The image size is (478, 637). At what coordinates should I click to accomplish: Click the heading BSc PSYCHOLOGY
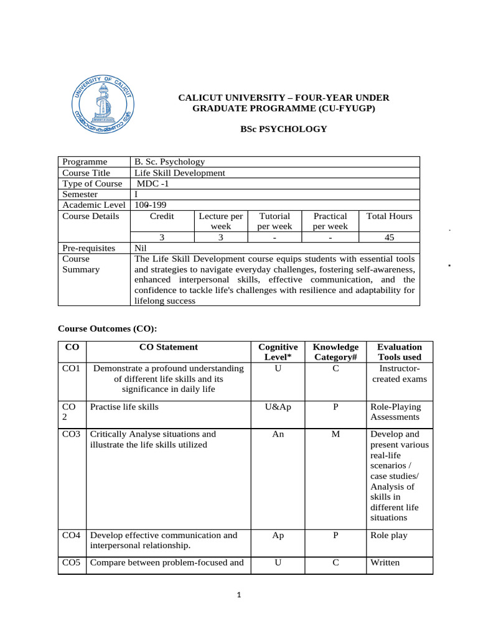click(284, 129)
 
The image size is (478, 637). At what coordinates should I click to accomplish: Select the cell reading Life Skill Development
click(180, 173)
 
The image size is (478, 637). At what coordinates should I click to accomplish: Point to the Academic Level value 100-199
click(151, 205)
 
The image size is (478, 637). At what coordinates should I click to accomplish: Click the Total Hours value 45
click(389, 237)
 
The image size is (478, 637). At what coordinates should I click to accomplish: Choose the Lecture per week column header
click(220, 221)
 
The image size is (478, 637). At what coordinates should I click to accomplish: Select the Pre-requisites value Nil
click(141, 248)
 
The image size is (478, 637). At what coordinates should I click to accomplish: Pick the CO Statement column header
click(168, 347)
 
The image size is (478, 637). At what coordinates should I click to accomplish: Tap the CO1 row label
click(72, 368)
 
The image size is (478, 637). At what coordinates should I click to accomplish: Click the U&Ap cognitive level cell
click(278, 407)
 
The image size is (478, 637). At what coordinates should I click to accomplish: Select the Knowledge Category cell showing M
click(335, 434)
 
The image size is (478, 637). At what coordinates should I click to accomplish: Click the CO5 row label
click(72, 564)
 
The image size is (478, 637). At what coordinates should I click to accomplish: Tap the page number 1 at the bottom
click(239, 595)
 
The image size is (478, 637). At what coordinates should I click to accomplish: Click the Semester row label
click(80, 194)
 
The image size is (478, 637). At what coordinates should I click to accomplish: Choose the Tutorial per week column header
click(274, 221)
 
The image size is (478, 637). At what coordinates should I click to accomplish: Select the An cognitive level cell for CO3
click(278, 434)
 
